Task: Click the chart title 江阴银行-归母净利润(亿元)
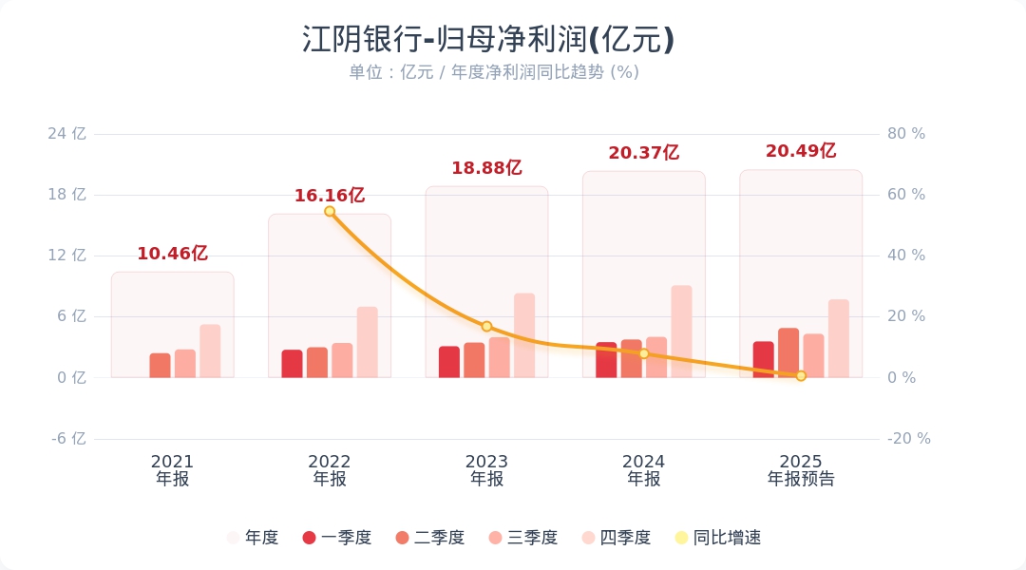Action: (488, 40)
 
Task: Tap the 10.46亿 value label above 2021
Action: (172, 254)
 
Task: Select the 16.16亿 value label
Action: (329, 196)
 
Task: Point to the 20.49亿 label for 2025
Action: (800, 151)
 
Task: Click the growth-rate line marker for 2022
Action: (330, 211)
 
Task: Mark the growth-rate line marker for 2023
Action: (486, 327)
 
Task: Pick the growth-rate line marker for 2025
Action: (801, 376)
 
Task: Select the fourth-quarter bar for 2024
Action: (681, 332)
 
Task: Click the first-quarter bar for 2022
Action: (292, 364)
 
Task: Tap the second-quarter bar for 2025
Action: (788, 353)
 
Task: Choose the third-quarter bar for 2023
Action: (499, 357)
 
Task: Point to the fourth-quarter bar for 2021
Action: (210, 351)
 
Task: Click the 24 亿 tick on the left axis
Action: (66, 134)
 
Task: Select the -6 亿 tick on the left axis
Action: (66, 439)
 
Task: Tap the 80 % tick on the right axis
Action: (905, 134)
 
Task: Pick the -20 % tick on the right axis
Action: (908, 439)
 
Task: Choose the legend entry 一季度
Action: (336, 538)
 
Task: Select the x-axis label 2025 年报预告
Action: (801, 470)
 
